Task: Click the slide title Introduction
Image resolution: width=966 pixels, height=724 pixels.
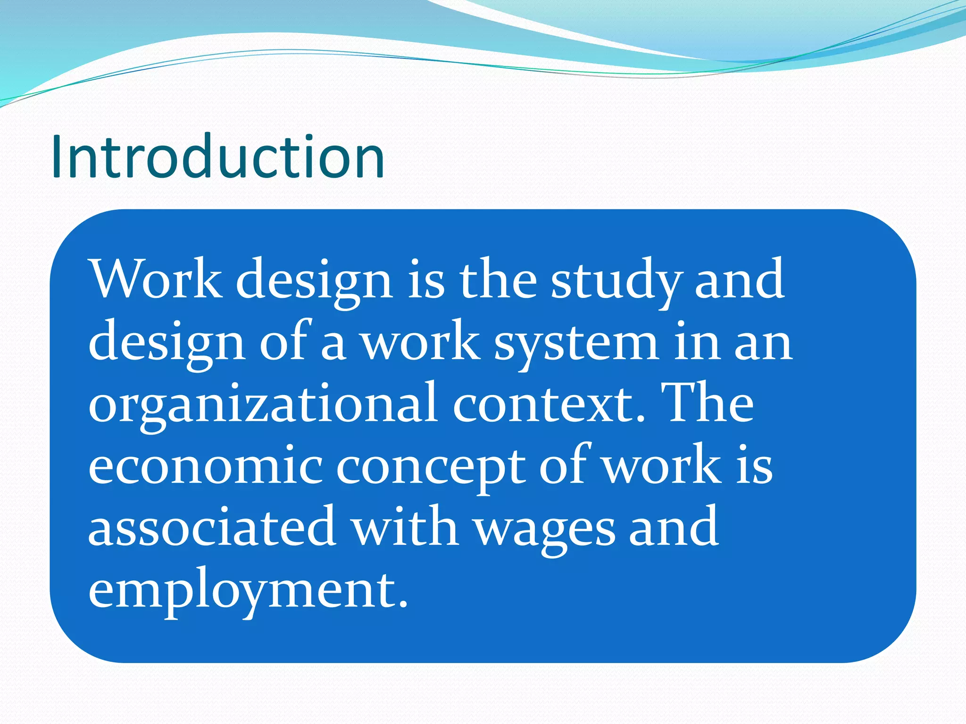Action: point(218,156)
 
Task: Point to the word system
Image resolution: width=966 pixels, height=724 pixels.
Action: point(575,344)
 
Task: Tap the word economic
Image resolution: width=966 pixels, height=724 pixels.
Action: point(206,467)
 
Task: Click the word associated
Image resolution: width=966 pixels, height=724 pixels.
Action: point(212,527)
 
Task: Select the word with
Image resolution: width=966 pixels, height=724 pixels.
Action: point(406,527)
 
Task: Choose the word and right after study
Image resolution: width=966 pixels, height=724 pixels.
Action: point(740,280)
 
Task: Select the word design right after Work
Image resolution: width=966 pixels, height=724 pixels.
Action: point(314,281)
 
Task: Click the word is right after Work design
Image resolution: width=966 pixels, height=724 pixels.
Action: point(425,280)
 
